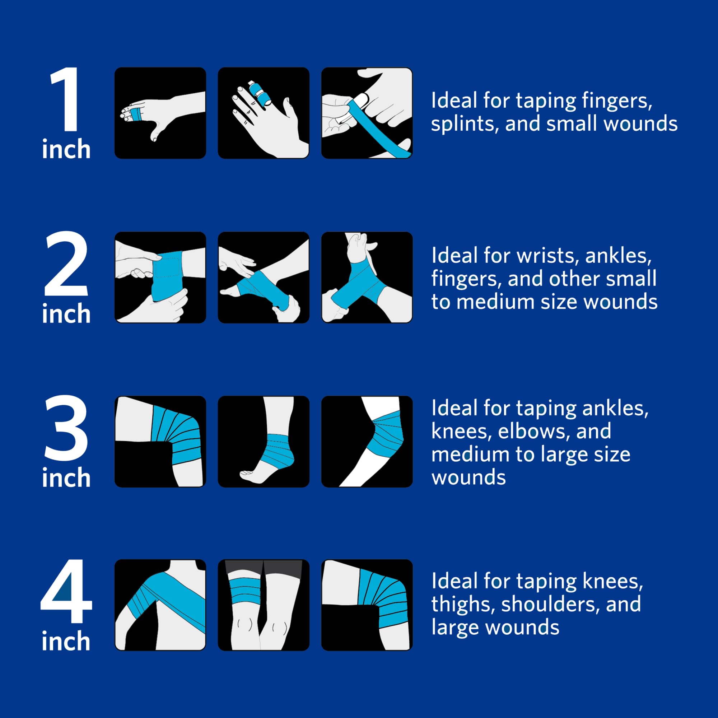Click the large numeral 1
point(65,99)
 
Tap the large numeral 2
point(66,263)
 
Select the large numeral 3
point(66,428)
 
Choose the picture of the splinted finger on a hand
point(264,113)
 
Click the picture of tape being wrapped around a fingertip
point(367,113)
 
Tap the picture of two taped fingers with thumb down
point(160,113)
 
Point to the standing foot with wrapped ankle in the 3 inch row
point(264,442)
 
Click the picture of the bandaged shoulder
point(160,605)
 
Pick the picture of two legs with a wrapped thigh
point(264,605)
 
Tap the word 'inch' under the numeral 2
point(66,313)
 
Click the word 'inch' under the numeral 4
point(66,641)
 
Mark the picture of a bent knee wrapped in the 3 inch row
point(160,442)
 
